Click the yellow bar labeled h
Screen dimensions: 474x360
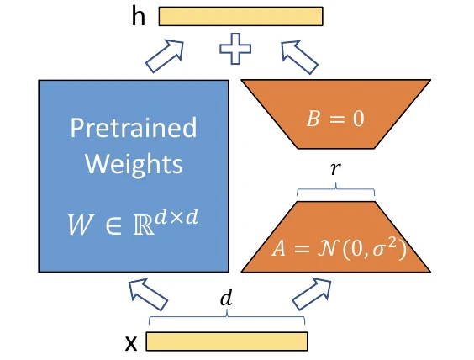[240, 16]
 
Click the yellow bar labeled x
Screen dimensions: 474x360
[227, 341]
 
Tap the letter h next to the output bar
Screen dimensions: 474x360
[139, 16]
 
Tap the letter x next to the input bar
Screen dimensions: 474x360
[131, 344]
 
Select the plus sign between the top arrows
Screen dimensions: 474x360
[235, 49]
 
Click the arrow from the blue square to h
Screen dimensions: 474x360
[165, 56]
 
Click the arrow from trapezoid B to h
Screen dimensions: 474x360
[299, 57]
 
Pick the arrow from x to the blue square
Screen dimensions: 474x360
[148, 294]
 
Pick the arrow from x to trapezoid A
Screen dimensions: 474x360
[312, 294]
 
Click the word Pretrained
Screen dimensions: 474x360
[134, 128]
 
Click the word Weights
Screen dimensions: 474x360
[134, 164]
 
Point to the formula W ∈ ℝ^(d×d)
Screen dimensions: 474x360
[133, 222]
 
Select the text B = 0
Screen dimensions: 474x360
[335, 119]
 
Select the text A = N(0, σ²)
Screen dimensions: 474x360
[339, 250]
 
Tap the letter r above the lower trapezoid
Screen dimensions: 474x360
[335, 169]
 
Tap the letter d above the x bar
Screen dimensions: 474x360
[226, 298]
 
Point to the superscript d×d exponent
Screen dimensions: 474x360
[177, 217]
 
